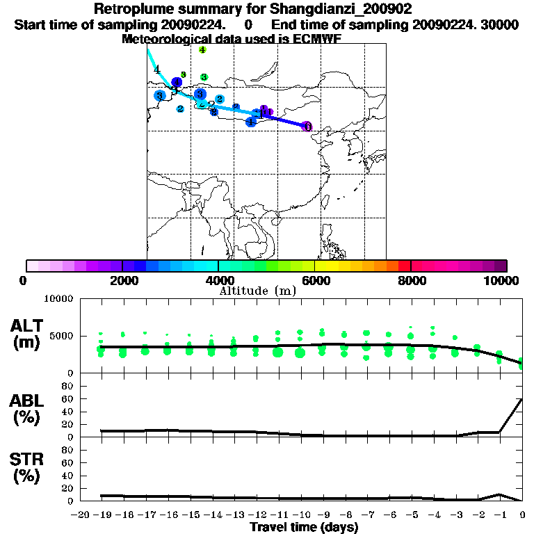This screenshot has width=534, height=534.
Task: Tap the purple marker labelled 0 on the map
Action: [307, 127]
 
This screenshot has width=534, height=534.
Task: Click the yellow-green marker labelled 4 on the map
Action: [202, 49]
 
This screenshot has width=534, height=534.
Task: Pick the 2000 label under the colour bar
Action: [121, 280]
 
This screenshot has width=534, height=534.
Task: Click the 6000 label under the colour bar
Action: [314, 280]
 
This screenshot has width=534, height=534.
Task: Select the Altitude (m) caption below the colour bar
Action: [257, 291]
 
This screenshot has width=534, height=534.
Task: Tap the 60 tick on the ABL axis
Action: [68, 399]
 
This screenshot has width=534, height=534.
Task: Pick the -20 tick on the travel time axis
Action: [82, 515]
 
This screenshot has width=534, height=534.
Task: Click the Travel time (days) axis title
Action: [304, 527]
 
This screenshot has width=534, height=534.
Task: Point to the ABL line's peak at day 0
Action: [522, 399]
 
